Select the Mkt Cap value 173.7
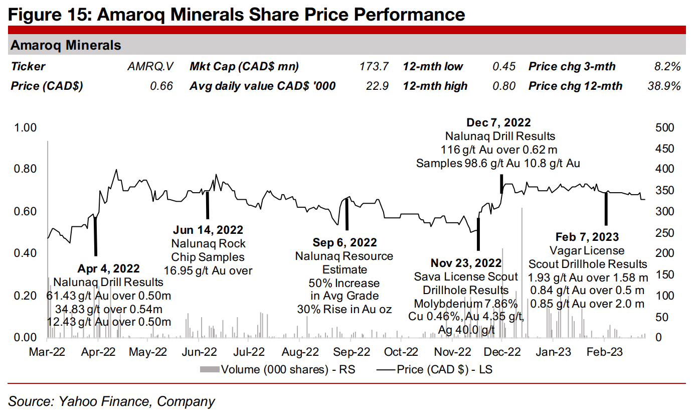tap(374, 67)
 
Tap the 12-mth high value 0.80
tap(504, 86)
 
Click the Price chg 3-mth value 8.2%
tap(667, 67)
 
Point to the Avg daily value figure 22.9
tap(377, 86)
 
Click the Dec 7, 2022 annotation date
tap(498, 122)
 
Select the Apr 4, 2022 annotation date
tap(108, 268)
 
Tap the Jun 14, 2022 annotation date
tap(208, 230)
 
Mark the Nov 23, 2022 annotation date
tap(466, 263)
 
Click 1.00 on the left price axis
tap(25, 127)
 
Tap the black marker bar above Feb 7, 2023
tap(606, 208)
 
